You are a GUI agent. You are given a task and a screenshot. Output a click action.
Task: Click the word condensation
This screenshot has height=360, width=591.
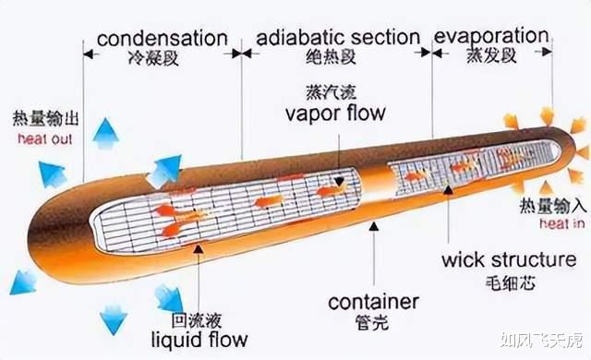162,38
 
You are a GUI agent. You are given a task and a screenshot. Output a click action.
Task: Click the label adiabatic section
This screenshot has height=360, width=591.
338,37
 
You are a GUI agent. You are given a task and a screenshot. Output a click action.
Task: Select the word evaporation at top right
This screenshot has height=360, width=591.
490,36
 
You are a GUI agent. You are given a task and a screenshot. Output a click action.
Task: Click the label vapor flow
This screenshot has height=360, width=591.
334,114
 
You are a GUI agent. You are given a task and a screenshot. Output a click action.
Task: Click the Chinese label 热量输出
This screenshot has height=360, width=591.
44,121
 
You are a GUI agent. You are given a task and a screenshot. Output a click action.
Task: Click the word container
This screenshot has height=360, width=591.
373,302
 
